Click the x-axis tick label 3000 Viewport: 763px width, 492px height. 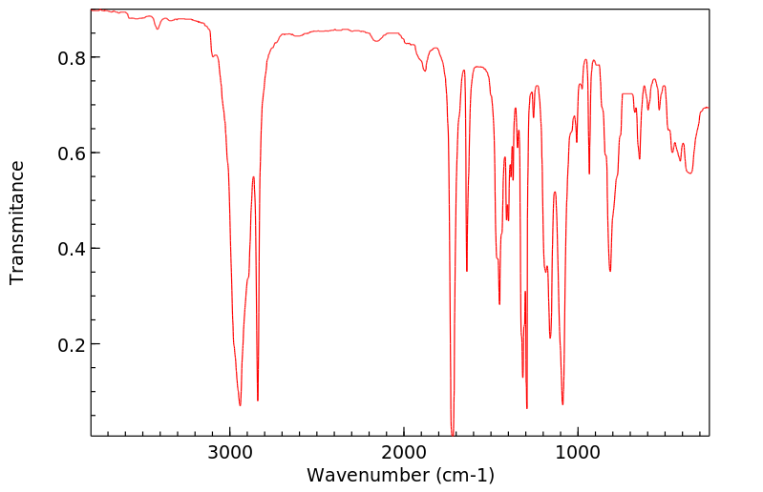point(230,454)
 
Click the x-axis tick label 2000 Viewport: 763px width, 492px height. point(404,454)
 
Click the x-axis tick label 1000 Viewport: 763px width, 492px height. point(577,454)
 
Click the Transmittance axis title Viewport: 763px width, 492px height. point(17,222)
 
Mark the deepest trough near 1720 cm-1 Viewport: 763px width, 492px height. point(453,434)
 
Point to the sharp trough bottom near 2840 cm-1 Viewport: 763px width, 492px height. point(258,400)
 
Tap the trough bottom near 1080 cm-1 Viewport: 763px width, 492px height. point(562,404)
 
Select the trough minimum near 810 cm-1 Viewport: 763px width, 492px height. point(610,271)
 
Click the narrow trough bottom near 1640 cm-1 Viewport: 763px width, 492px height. point(467,272)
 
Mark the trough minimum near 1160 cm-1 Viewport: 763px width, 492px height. point(550,338)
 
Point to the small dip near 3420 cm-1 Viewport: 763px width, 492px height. point(158,29)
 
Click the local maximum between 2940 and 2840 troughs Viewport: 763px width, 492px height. point(253,177)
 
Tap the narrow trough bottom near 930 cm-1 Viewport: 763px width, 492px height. point(589,174)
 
